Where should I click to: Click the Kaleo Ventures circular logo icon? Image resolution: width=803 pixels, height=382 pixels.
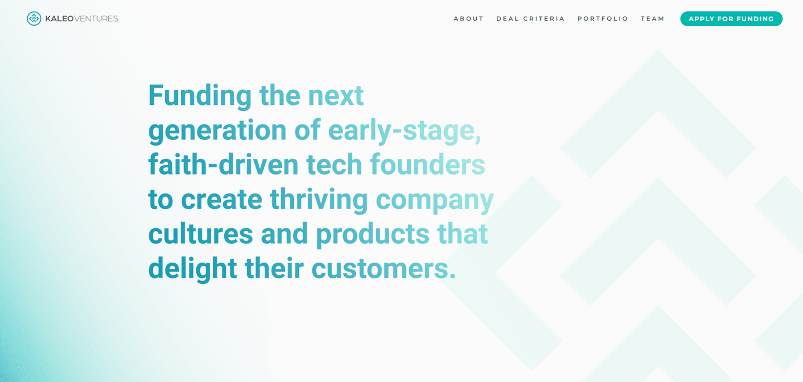tap(34, 18)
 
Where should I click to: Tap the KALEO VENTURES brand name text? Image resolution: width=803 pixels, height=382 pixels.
tap(81, 18)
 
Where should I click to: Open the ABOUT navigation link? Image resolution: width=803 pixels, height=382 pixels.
tap(468, 19)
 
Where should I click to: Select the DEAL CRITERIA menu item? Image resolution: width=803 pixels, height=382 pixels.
tap(530, 19)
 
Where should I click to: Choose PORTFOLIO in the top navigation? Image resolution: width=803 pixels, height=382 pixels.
tap(603, 19)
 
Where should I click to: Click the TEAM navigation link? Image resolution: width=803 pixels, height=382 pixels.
tap(652, 19)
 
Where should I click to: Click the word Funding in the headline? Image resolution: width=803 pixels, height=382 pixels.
tap(200, 96)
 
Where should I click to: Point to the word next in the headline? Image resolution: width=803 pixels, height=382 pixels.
tap(336, 96)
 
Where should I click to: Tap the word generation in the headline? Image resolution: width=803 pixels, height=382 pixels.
tap(217, 130)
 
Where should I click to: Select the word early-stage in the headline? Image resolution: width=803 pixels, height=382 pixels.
tap(404, 130)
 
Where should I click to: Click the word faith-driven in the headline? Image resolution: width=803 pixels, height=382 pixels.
tap(223, 165)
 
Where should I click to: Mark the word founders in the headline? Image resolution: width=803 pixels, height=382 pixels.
tap(427, 165)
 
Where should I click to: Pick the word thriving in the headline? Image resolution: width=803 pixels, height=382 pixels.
tap(319, 200)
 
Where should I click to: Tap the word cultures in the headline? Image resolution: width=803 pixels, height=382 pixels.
tap(200, 234)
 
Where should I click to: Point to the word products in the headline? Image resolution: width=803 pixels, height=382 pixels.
tap(373, 234)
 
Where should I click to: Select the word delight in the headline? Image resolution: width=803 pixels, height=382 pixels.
tap(192, 269)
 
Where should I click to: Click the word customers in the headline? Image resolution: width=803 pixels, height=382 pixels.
tap(383, 269)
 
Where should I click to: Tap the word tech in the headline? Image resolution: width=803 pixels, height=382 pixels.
tap(334, 165)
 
